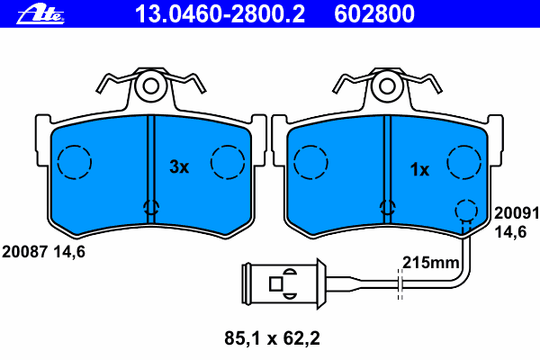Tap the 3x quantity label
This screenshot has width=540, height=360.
coord(179,167)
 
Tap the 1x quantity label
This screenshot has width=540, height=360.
coord(420,168)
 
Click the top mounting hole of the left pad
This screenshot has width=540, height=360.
coord(149,86)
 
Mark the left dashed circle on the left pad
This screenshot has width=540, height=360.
coord(74,163)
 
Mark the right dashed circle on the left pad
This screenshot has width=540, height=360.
coord(228,163)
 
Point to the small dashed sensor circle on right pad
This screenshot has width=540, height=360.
coord(464,210)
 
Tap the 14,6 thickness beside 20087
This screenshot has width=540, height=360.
coord(67,252)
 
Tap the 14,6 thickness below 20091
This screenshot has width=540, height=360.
coord(511,231)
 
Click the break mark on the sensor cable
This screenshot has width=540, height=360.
coord(399,281)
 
